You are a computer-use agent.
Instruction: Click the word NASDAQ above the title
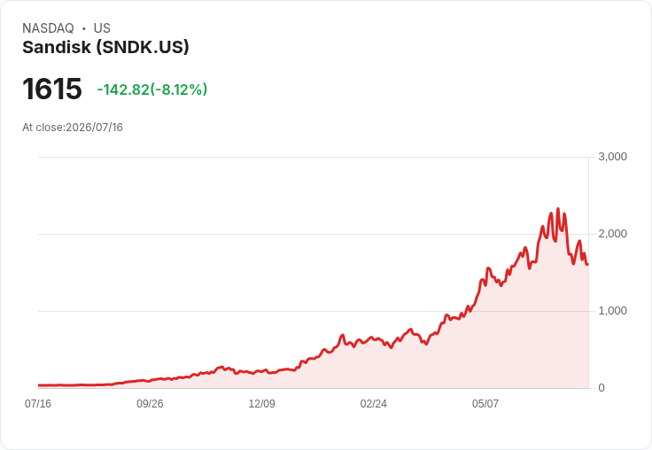point(48,28)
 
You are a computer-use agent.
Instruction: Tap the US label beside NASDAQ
point(102,28)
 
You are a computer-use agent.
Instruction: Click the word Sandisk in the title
point(57,47)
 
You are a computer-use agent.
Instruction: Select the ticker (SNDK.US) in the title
point(143,47)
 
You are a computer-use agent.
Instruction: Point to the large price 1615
point(52,89)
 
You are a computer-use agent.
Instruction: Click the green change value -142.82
point(123,89)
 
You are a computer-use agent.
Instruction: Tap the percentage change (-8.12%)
point(178,89)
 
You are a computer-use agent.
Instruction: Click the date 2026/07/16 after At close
point(95,128)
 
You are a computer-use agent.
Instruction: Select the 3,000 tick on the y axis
point(612,157)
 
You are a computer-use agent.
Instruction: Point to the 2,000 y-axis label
point(612,234)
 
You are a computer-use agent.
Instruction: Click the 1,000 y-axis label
point(612,311)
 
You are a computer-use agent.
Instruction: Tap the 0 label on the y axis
point(602,388)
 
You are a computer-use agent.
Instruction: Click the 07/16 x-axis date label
point(38,404)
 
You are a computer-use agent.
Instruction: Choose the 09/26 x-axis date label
point(150,404)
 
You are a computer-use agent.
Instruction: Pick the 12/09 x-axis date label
point(261,404)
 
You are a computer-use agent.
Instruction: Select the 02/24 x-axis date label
point(374,404)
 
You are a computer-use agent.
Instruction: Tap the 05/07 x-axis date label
point(485,404)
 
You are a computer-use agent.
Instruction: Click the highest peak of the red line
point(558,209)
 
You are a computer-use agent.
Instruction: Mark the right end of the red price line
point(587,264)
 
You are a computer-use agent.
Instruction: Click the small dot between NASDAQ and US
point(83,28)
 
